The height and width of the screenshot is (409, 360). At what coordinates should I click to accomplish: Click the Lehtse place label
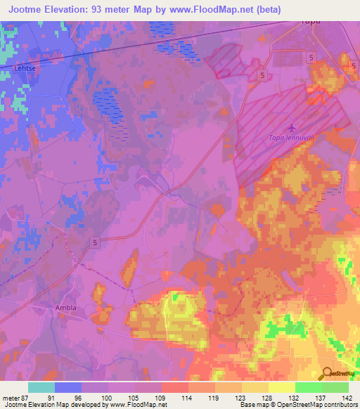(x=25, y=69)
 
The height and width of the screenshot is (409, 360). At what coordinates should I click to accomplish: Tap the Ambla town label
(x=66, y=308)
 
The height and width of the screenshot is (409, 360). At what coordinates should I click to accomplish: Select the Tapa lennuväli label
(x=292, y=138)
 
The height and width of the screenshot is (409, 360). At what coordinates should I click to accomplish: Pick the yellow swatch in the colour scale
(x=282, y=387)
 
